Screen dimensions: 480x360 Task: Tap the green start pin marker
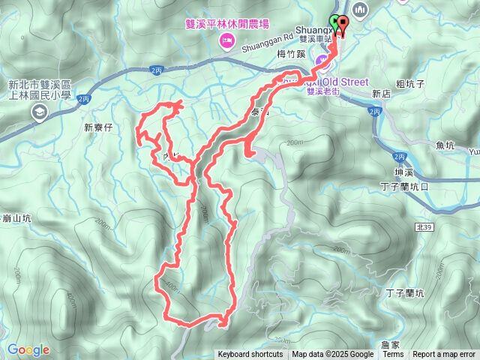[x=334, y=22]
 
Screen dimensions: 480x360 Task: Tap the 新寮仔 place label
[x=98, y=127]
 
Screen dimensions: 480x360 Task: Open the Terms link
[x=393, y=355]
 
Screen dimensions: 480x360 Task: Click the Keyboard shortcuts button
[x=250, y=355]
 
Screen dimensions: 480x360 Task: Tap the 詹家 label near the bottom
[x=389, y=343]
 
